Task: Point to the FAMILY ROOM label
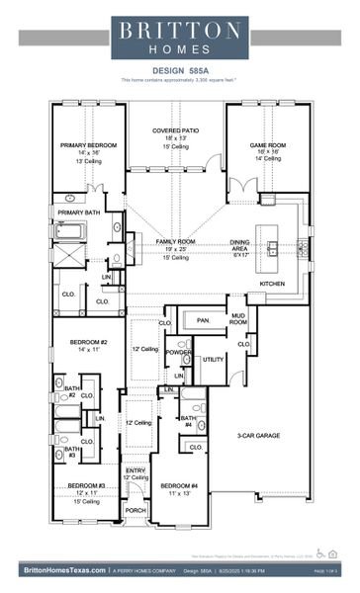175,241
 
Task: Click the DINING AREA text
240,242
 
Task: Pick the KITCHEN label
272,284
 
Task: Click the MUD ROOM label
238,318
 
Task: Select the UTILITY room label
214,359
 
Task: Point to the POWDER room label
178,352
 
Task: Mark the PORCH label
135,511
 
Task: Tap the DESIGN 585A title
179,70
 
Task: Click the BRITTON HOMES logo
179,36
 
